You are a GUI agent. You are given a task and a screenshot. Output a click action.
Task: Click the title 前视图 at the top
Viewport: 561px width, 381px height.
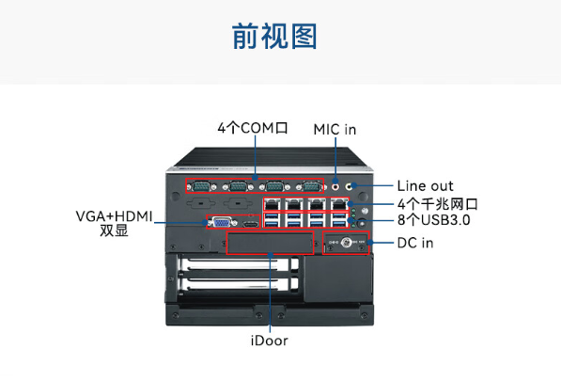click(274, 37)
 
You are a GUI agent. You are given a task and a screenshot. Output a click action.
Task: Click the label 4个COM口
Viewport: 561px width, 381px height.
click(251, 126)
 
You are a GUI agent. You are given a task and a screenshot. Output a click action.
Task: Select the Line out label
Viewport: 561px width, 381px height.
click(425, 186)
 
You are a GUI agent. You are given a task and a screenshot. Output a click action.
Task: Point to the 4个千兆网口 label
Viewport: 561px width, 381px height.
click(437, 203)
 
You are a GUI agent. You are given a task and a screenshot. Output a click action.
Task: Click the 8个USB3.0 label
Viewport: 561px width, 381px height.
click(433, 221)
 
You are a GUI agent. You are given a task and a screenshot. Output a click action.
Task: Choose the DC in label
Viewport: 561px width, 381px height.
click(414, 244)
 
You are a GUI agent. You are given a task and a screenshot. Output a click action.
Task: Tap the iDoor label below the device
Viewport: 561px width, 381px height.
click(270, 341)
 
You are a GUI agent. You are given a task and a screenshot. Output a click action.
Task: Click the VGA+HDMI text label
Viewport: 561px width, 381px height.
click(113, 216)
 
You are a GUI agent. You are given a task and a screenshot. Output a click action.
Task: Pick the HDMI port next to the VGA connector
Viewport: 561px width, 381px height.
click(249, 224)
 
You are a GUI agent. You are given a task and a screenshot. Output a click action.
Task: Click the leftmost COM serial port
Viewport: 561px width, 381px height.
click(200, 185)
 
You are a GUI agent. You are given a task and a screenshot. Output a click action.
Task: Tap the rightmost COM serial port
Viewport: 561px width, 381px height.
click(311, 185)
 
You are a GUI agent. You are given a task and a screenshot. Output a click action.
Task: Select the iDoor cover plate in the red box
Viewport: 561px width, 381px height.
click(271, 244)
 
